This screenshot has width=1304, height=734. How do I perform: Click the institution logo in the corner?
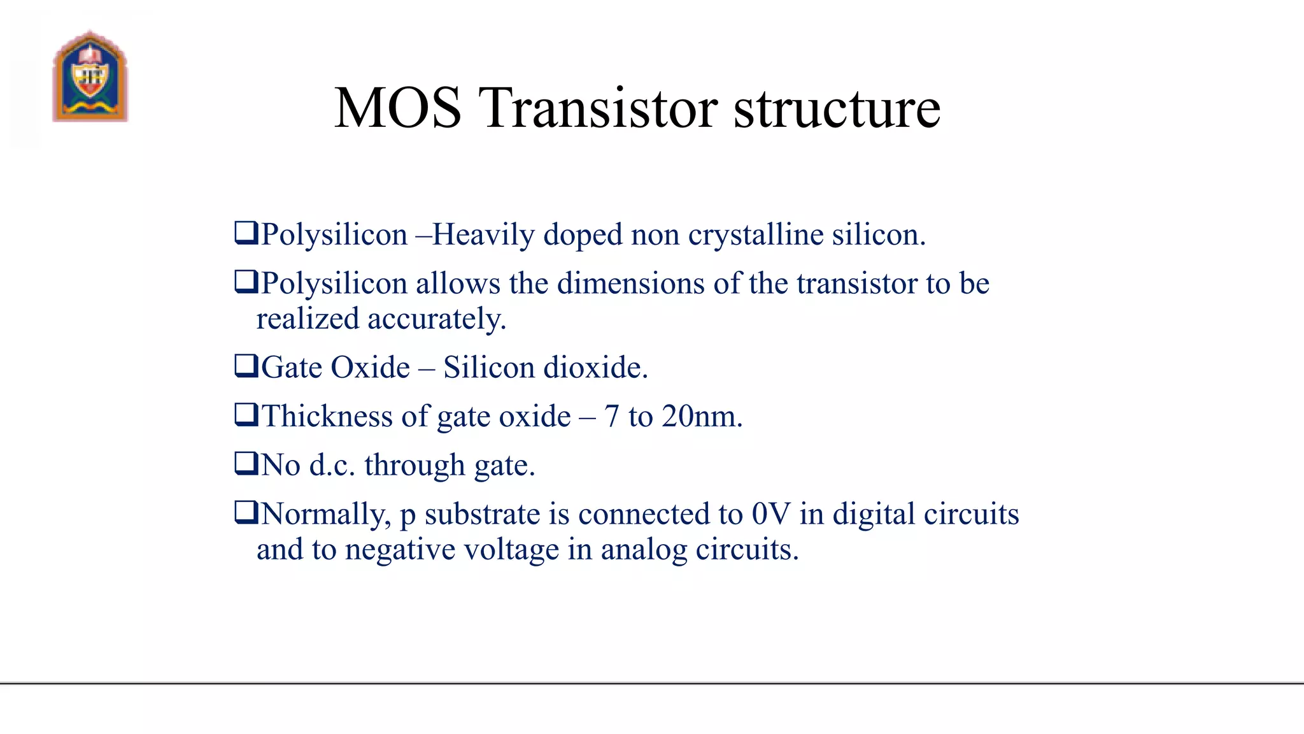pos(90,76)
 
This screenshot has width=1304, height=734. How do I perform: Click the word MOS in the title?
pos(397,108)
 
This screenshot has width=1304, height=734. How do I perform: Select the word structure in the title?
pos(837,108)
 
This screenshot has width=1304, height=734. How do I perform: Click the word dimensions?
pos(630,284)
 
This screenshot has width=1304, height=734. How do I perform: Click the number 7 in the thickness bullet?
pos(612,416)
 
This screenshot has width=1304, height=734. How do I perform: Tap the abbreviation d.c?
pos(332,465)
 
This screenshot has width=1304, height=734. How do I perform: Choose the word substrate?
pos(482,514)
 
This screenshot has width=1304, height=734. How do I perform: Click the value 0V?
pos(771,514)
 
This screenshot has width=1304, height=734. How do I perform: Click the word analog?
pos(644,549)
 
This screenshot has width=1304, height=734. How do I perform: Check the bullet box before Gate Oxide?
pos(246,366)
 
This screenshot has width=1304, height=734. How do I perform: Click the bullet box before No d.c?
pos(246,463)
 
